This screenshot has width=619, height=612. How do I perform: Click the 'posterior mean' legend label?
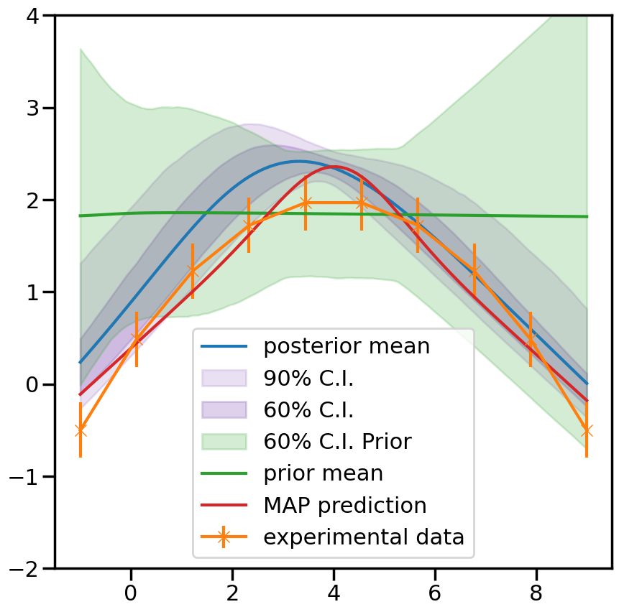347,346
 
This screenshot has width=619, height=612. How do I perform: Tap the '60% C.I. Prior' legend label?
337,441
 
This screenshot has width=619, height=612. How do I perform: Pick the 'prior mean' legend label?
323,473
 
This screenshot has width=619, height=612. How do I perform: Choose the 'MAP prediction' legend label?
345,505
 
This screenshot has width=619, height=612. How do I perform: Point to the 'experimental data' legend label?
364,537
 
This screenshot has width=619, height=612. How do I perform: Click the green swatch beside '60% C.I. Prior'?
224,442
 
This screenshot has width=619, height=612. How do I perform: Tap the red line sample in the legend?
224,506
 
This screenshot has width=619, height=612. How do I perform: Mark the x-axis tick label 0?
130,593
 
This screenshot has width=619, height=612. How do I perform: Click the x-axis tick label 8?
536,593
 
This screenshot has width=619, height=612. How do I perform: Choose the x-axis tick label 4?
334,593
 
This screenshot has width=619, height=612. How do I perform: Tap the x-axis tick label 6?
435,593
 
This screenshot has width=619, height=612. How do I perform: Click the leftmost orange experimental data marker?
80,430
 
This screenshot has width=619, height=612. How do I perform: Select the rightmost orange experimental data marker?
587,430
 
